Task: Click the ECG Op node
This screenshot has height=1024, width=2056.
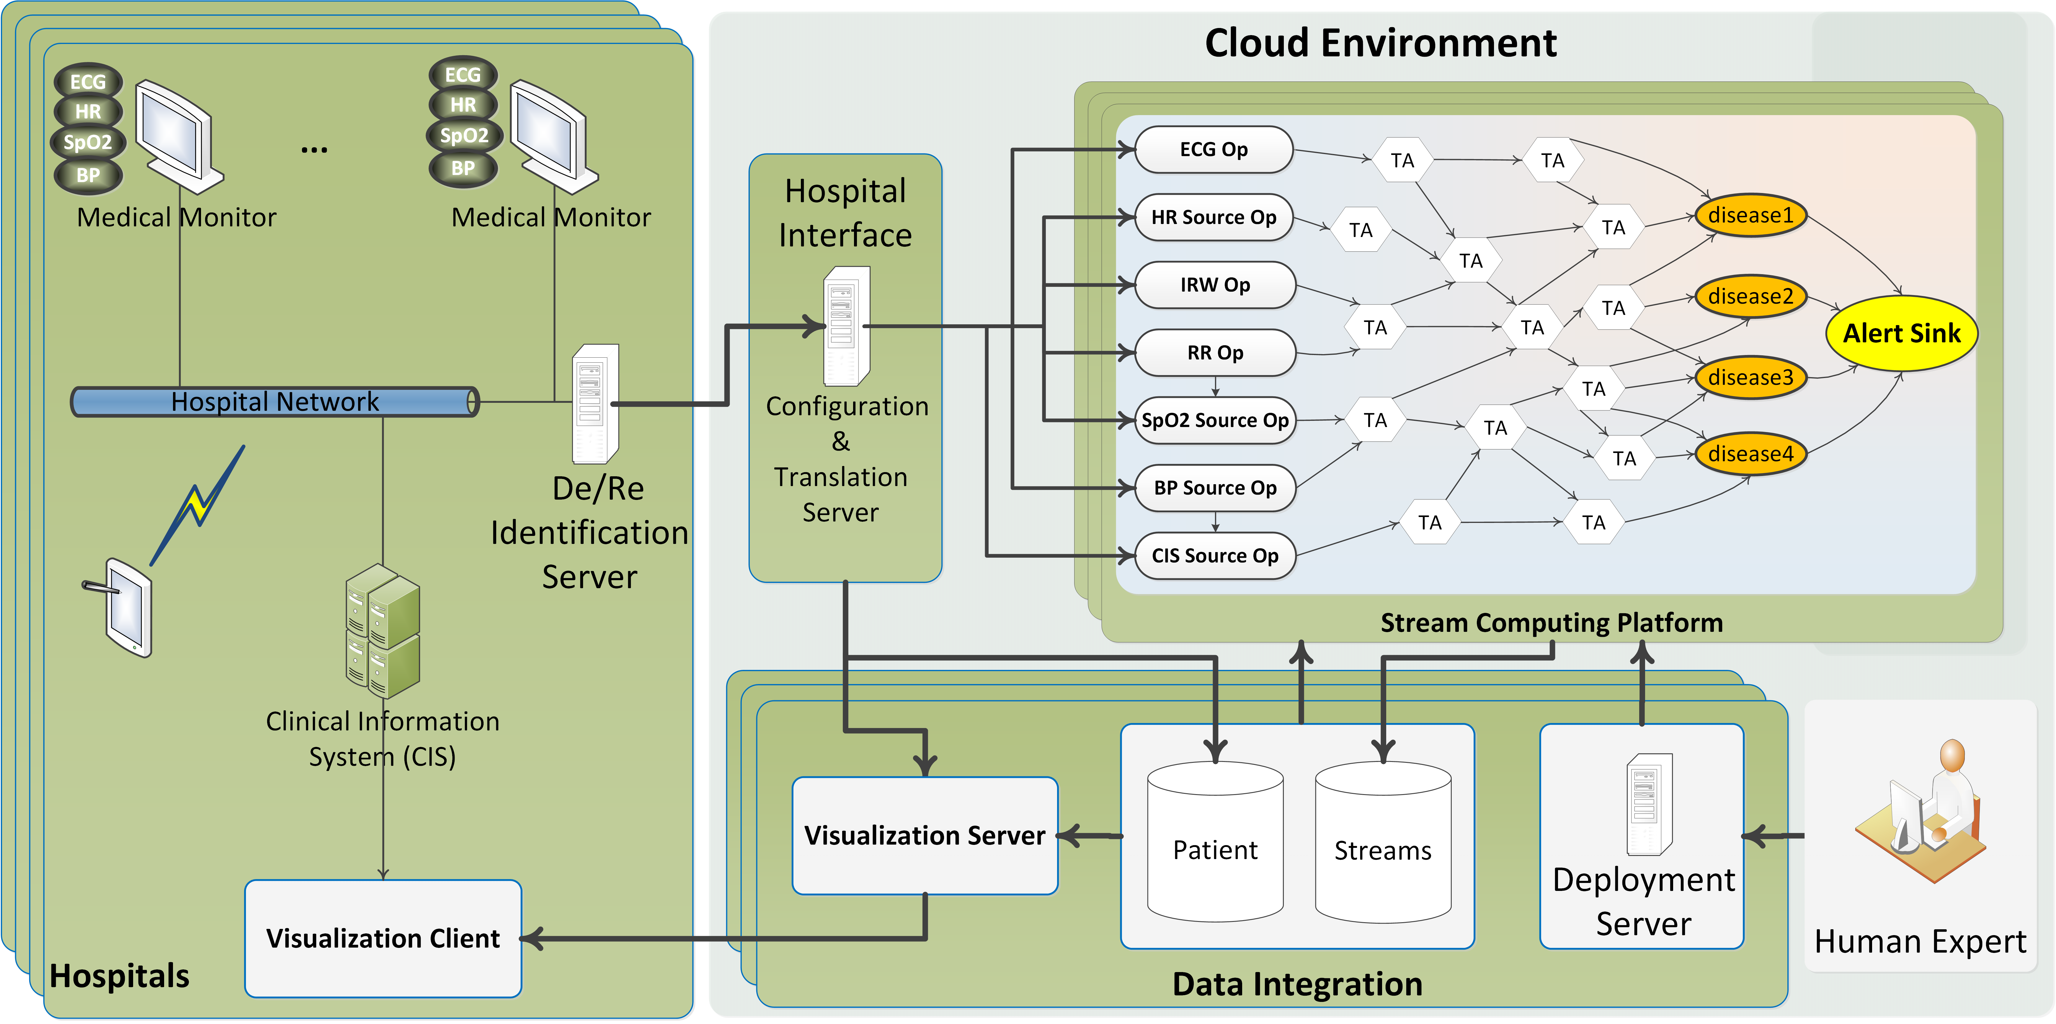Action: point(1213,149)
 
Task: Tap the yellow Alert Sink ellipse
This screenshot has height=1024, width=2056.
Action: point(1901,333)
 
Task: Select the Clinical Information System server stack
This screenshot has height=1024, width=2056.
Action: point(383,631)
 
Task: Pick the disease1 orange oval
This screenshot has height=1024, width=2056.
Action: point(1750,215)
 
